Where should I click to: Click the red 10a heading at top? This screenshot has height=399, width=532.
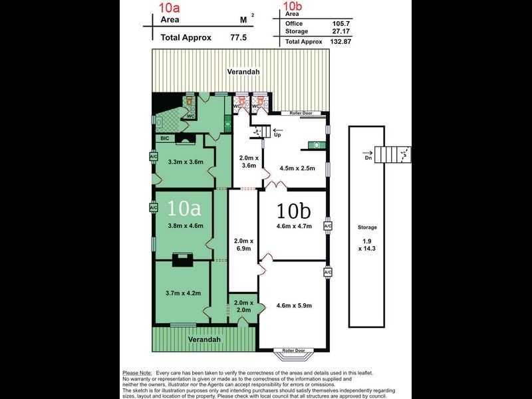[x=169, y=8]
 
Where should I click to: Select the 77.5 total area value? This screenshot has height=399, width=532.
[x=237, y=38]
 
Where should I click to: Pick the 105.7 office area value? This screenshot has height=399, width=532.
[x=313, y=23]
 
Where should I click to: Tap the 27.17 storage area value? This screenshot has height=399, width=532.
[x=312, y=31]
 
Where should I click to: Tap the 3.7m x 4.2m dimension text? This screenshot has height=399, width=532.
[x=183, y=292]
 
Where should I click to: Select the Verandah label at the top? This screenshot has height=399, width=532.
[x=242, y=72]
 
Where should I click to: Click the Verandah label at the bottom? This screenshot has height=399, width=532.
[x=203, y=339]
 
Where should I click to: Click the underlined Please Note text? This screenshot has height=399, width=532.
[x=137, y=374]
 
